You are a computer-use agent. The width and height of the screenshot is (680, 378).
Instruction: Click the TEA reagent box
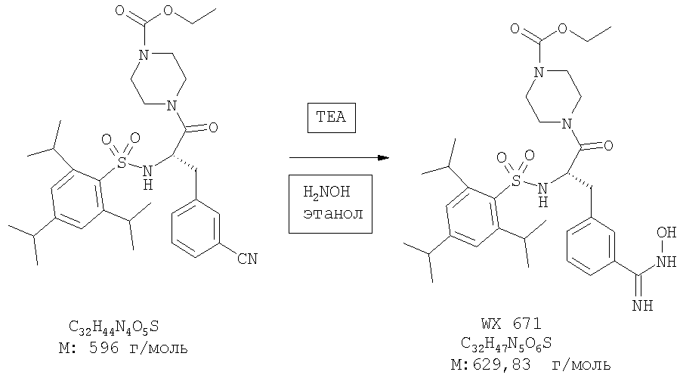[x=332, y=118]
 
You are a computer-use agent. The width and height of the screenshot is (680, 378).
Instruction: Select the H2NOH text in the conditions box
[x=326, y=192]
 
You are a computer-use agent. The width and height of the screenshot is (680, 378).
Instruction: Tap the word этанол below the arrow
[x=333, y=214]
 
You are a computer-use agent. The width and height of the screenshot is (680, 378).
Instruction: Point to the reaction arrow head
[x=383, y=157]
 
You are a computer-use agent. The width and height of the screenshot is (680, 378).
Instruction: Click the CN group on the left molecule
[x=247, y=259]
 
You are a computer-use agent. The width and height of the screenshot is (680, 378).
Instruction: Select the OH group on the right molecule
[x=666, y=233]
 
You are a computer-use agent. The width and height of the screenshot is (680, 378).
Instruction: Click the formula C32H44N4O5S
[x=113, y=327]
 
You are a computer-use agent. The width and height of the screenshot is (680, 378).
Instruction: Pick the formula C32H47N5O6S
[x=506, y=344]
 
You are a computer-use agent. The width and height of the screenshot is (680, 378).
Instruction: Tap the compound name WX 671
[x=512, y=324]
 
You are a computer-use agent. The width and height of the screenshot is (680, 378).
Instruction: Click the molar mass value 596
[x=104, y=348]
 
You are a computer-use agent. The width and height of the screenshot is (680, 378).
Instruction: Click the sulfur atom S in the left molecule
[x=122, y=163]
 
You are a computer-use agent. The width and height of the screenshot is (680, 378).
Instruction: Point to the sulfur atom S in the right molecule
[x=516, y=181]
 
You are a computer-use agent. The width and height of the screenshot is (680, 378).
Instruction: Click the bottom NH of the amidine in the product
[x=643, y=306]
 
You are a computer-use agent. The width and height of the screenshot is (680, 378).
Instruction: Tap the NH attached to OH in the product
[x=666, y=262]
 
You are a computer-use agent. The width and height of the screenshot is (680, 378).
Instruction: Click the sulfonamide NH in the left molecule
[x=148, y=177]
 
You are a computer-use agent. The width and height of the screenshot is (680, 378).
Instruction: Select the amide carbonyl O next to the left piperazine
[x=213, y=128]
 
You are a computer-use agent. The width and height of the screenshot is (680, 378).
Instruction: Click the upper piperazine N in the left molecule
[x=144, y=55]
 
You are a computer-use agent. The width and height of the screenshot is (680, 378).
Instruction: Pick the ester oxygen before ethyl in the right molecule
[x=562, y=28]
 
